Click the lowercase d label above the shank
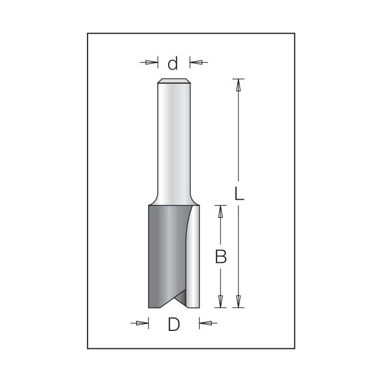[173, 64]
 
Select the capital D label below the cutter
[173, 324]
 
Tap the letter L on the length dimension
[239, 194]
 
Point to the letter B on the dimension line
[220, 256]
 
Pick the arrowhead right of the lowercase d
[195, 63]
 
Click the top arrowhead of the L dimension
[238, 84]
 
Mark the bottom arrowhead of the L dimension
[238, 300]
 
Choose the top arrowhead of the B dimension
[220, 211]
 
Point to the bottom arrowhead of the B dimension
[220, 300]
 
